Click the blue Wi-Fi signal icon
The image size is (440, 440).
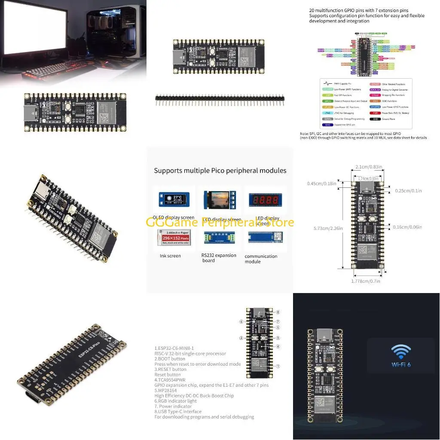pos(400,351)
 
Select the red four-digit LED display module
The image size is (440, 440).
pos(265,200)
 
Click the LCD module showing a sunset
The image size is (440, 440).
pos(220,200)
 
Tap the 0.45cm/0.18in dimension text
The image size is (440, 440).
pos(322,183)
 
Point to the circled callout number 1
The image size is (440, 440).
pos(278,366)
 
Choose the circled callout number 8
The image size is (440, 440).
pos(278,312)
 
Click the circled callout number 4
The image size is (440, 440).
pos(278,346)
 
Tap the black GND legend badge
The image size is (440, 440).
pos(376,119)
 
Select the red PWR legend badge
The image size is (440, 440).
pos(376,113)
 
